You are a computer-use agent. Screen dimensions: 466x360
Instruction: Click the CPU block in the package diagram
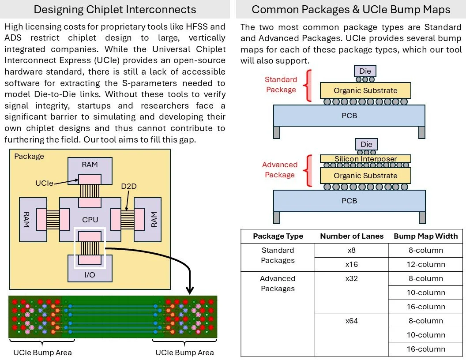[90, 220]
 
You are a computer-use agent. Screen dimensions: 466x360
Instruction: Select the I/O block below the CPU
[90, 274]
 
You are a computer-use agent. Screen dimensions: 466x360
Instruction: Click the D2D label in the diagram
[129, 186]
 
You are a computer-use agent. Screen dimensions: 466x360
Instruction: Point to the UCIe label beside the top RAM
[44, 183]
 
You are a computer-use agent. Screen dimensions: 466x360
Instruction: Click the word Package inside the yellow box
[29, 156]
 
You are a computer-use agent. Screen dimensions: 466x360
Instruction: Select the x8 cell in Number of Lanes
[352, 251]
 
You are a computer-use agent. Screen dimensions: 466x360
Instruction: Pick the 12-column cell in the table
[426, 264]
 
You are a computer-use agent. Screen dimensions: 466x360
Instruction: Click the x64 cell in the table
[352, 321]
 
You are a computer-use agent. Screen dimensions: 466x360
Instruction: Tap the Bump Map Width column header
[426, 236]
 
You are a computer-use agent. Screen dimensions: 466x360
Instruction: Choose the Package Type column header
[278, 236]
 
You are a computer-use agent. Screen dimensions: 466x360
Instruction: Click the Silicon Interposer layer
[365, 159]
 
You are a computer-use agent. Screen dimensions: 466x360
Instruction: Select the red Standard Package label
[281, 85]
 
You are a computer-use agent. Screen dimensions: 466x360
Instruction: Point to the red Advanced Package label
[280, 169]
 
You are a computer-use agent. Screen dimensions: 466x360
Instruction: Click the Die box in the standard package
[365, 71]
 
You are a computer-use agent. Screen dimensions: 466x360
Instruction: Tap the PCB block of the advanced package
[349, 201]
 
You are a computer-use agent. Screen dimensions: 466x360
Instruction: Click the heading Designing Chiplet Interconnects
[115, 10]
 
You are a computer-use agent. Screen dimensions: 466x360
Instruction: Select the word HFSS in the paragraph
[197, 27]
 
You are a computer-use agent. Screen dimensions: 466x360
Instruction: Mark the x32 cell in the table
[352, 279]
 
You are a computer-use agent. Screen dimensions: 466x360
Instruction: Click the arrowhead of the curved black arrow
[190, 290]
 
